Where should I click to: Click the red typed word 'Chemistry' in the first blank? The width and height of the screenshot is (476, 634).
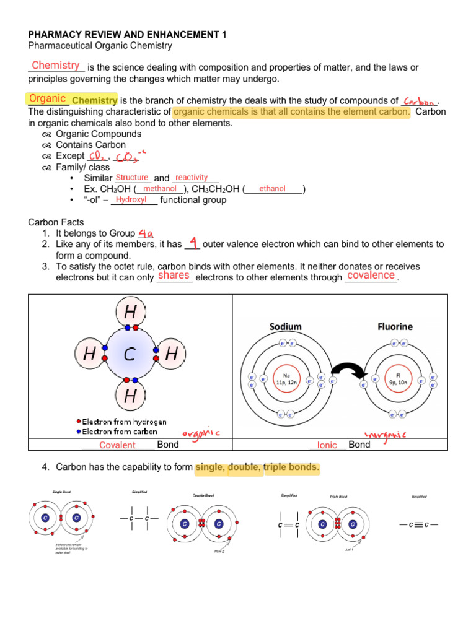tap(55, 66)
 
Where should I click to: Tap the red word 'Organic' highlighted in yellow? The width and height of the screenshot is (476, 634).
tap(47, 98)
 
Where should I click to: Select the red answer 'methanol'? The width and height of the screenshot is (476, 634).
tap(160, 188)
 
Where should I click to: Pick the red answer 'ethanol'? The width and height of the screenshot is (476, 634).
tap(272, 188)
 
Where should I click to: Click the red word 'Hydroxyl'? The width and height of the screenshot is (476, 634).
tap(131, 199)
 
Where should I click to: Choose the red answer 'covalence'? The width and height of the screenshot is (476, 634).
tap(371, 275)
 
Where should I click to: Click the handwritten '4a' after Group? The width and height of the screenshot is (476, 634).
tap(146, 233)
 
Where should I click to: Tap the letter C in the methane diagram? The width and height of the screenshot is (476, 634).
tap(130, 354)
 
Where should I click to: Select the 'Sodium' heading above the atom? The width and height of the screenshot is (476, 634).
tap(285, 326)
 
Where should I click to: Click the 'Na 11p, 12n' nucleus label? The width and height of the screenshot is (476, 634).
tap(286, 378)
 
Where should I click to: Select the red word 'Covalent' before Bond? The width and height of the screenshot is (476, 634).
tap(117, 445)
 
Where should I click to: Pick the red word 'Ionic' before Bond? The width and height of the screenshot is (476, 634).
tap(327, 445)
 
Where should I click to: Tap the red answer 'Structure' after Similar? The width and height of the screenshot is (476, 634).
tap(131, 178)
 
